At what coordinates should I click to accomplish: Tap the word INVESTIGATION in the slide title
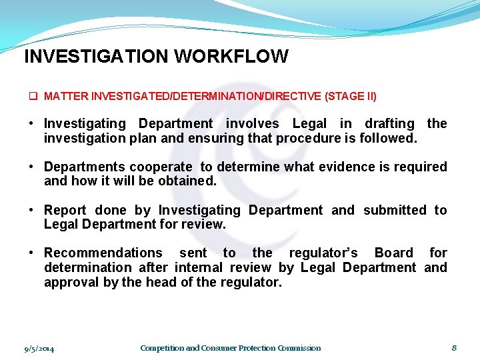pos(97,57)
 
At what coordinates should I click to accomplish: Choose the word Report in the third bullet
pos(65,210)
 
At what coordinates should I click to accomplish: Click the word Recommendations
pos(103,253)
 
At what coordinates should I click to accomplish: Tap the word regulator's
pos(324,253)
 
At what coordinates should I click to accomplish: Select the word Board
pos(394,253)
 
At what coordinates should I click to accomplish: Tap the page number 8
pos(454,347)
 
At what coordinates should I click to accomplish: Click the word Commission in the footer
pos(299,348)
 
